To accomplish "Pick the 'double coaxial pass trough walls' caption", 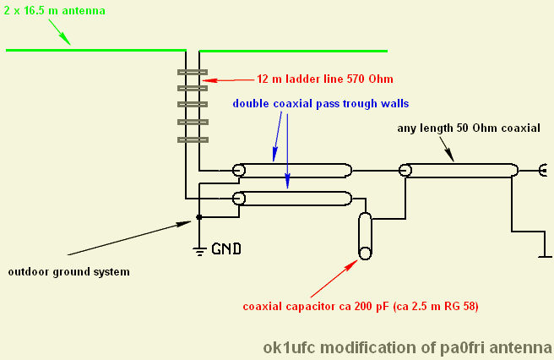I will click(321, 103).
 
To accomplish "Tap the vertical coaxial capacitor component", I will click(365, 236).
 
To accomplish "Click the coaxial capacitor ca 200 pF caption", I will click(360, 306).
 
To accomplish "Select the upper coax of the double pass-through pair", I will click(292, 170).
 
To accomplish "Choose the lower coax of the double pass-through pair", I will click(292, 199).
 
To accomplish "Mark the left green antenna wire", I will click(95, 50).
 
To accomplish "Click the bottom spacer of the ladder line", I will click(193, 139).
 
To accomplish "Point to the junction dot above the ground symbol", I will click(199, 217).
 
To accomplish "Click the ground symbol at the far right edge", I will click(541, 253).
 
